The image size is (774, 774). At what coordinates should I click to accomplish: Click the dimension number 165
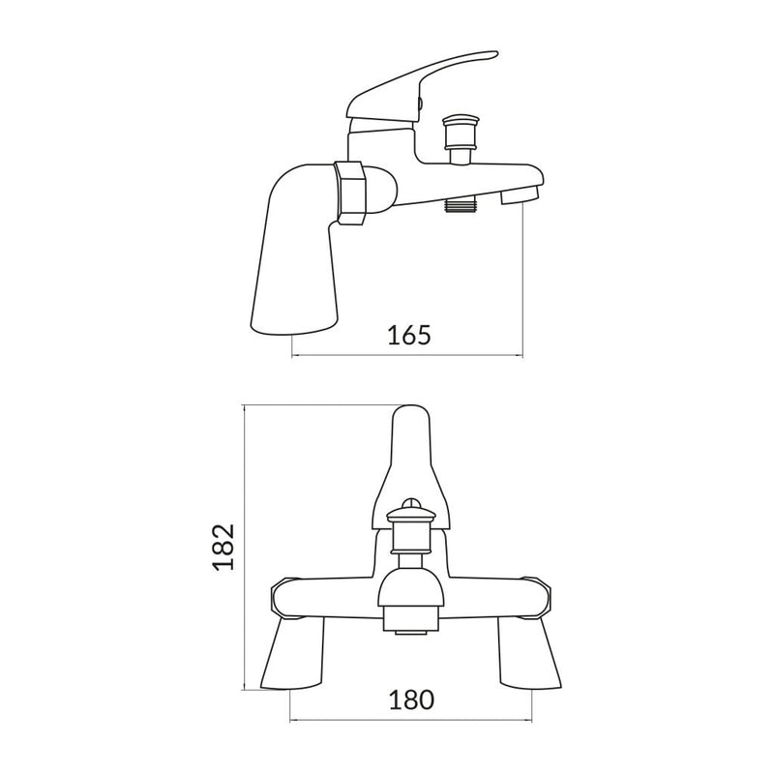[407, 335]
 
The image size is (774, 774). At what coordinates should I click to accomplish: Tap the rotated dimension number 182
[223, 547]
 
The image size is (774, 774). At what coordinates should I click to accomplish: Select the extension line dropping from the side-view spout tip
[523, 281]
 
